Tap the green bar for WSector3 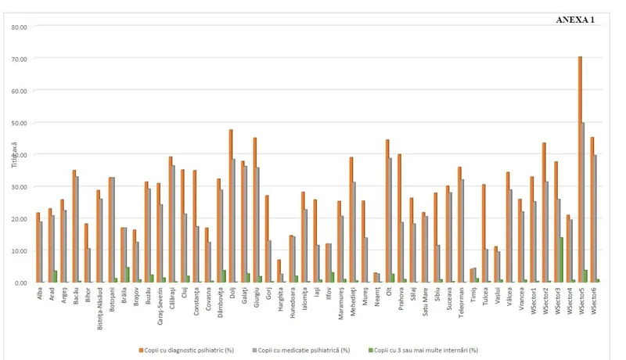561,260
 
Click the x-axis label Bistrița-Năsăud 99,307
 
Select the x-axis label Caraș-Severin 160,304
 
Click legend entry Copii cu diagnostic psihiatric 189,350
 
